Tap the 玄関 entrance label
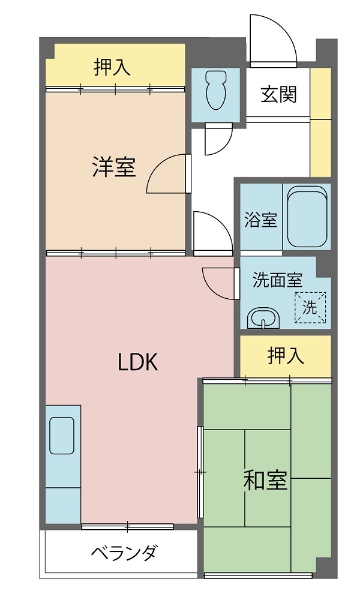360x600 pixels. click(278, 94)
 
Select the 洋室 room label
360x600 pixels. click(114, 167)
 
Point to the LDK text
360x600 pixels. click(138, 362)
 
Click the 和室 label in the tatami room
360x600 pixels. click(266, 481)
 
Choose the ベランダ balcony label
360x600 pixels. click(124, 553)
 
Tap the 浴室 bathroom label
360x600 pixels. click(261, 220)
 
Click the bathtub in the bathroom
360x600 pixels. click(308, 217)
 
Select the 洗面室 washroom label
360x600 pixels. click(277, 280)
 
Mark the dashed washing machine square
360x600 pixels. click(310, 308)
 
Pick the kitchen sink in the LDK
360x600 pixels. click(62, 436)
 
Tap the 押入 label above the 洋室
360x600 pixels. click(112, 67)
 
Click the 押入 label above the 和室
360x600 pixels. click(286, 355)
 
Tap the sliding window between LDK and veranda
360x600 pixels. click(127, 527)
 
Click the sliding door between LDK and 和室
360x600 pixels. click(200, 472)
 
